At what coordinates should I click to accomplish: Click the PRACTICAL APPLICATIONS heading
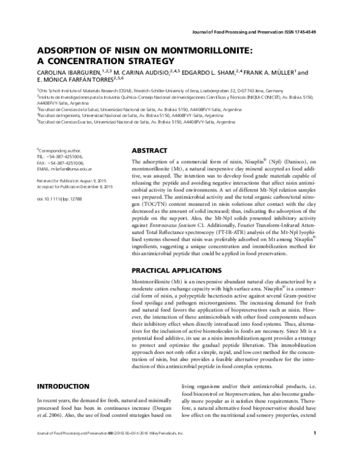pyautogui.click(x=179, y=270)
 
